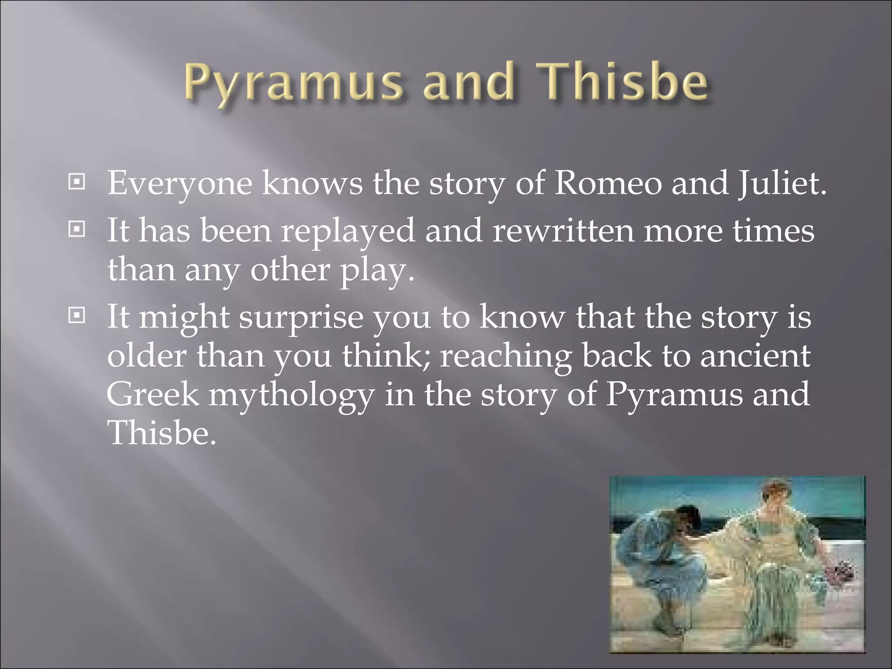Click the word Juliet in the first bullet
(781, 183)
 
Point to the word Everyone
(179, 183)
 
